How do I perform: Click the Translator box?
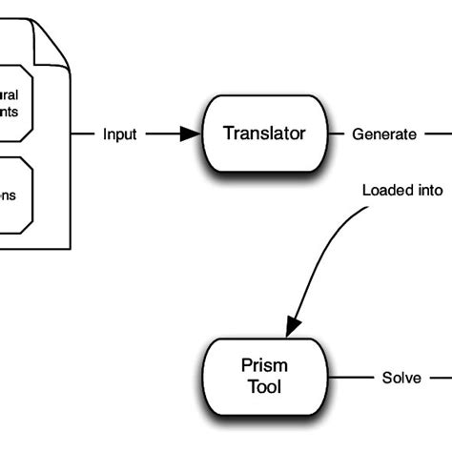[x=264, y=134]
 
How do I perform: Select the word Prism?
[x=263, y=365]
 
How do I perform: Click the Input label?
[x=119, y=134]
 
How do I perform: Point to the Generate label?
[x=383, y=134]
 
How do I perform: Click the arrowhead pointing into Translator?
[x=192, y=134]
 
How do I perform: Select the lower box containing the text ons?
[x=15, y=194]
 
